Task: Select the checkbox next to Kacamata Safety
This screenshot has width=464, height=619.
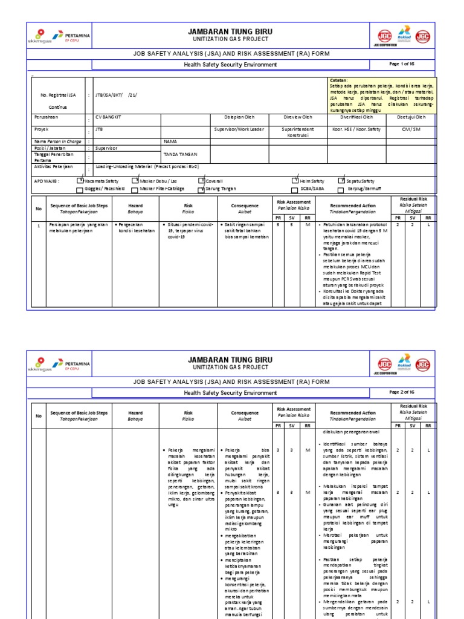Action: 80,180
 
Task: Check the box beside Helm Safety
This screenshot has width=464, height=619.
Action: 295,180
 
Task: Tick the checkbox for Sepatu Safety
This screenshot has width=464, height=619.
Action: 342,180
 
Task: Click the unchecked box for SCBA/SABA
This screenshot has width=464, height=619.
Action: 295,189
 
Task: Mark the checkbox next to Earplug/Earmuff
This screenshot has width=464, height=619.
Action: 342,189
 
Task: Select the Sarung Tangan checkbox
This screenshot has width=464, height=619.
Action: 202,189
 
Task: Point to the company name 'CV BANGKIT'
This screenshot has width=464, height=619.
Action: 109,117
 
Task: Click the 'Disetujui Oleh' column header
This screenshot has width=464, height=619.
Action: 411,117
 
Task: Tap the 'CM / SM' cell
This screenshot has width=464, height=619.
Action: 411,129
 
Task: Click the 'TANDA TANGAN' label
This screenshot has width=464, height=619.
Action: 177,154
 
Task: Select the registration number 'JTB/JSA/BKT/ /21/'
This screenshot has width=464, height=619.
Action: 117,95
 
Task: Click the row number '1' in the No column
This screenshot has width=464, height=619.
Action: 39,225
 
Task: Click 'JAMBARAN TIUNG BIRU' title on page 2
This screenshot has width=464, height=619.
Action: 230,360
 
